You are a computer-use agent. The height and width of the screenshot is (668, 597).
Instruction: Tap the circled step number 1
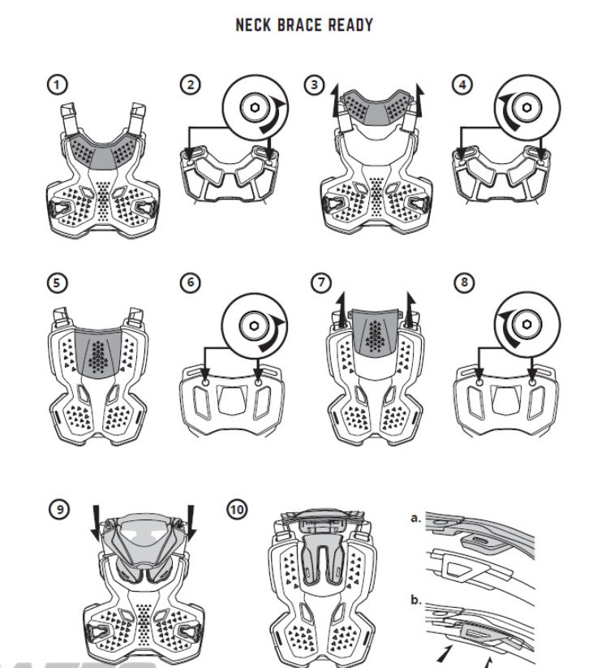57,84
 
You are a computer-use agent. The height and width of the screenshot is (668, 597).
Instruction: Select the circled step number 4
462,84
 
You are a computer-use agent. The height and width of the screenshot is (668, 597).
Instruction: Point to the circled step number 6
191,282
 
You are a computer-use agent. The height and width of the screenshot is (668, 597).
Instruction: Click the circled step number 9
59,509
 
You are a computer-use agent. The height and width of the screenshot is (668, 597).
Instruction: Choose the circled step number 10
237,509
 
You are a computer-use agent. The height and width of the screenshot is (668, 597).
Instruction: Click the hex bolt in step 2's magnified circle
255,107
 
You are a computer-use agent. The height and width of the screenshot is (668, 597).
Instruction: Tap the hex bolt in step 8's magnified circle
526,325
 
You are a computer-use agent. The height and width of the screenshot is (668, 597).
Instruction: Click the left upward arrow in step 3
336,101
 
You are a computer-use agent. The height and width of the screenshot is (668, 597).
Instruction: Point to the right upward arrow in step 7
410,309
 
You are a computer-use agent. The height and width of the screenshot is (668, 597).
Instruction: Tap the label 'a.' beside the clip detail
415,519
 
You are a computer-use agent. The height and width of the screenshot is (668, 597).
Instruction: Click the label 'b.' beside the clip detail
415,600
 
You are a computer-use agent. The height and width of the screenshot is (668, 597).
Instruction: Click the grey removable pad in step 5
98,351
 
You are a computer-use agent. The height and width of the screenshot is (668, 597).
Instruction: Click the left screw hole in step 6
205,382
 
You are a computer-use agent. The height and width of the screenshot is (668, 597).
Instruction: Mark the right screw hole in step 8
532,382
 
